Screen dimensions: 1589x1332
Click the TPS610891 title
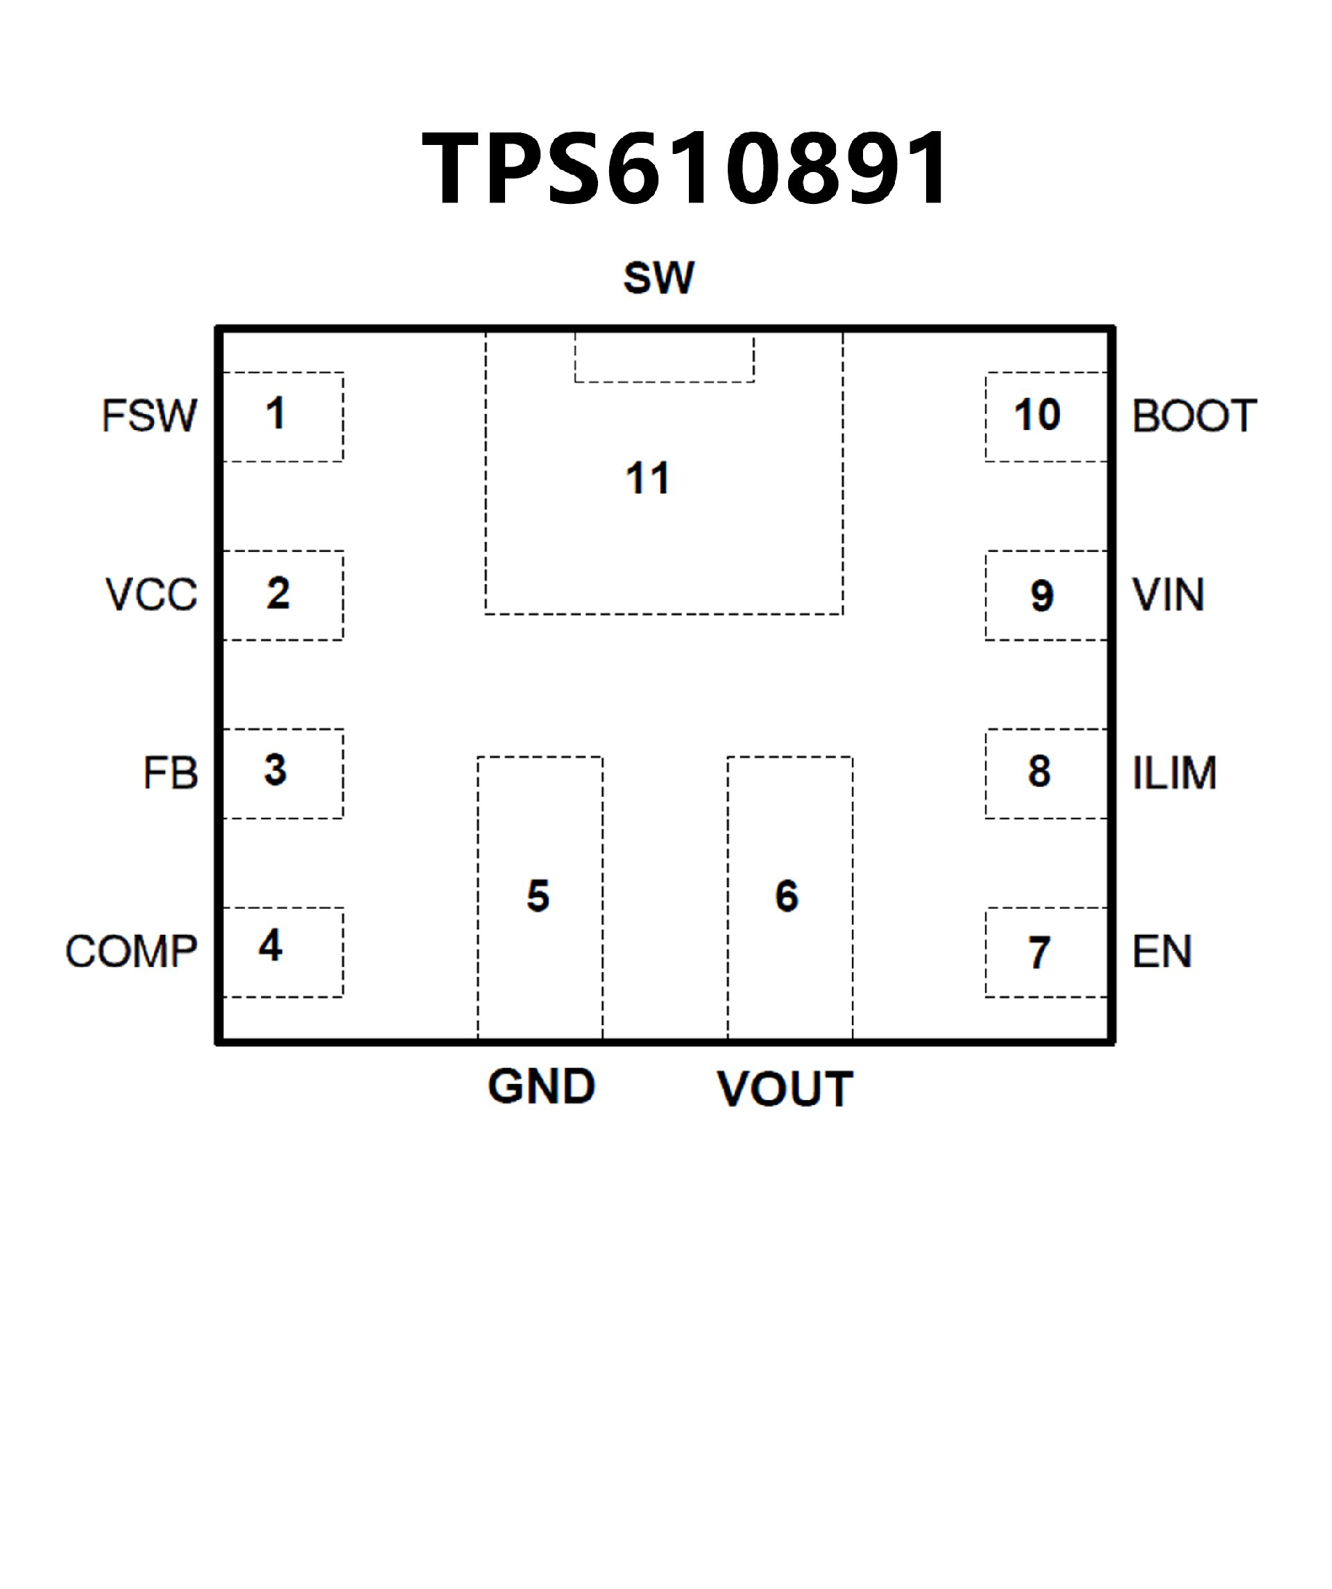[685, 168]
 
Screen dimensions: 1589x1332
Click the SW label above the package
[658, 277]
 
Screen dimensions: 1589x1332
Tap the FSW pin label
[149, 415]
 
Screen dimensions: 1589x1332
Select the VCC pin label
[151, 594]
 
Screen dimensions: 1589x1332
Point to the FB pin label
[170, 773]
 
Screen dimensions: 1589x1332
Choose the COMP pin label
[131, 951]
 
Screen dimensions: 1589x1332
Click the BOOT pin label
[1194, 415]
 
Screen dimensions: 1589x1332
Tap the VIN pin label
[1168, 594]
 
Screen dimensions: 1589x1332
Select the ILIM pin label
[1174, 773]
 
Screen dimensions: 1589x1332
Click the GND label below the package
[541, 1087]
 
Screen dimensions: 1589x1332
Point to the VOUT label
[785, 1089]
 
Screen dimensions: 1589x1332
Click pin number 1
[275, 413]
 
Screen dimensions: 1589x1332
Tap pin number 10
[1037, 415]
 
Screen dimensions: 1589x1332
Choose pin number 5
[538, 896]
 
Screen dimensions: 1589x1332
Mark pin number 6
[786, 896]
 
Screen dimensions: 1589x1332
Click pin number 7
[1039, 953]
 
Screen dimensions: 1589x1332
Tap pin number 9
[1041, 596]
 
